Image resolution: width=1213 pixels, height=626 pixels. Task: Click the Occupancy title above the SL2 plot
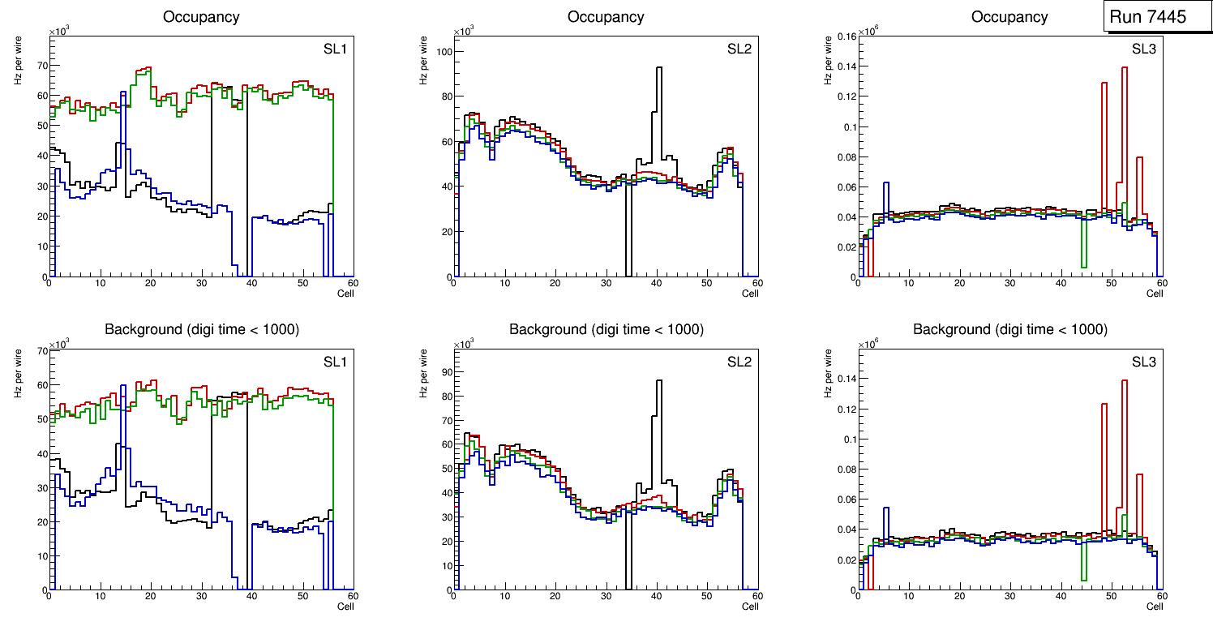[x=606, y=16]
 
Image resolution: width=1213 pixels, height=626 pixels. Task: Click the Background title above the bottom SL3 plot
[x=1009, y=329]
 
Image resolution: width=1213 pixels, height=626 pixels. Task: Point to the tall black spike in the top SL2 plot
[x=659, y=69]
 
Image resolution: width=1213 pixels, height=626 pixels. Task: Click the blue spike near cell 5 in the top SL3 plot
[x=886, y=184]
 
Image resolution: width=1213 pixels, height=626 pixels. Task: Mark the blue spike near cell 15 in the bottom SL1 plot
[x=123, y=387]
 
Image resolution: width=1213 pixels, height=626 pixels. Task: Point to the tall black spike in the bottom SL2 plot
[x=659, y=382]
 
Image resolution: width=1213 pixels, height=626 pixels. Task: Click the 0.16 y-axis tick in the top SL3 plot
[x=845, y=36]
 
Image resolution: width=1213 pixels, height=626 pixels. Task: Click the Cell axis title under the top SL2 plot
[x=750, y=294]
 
